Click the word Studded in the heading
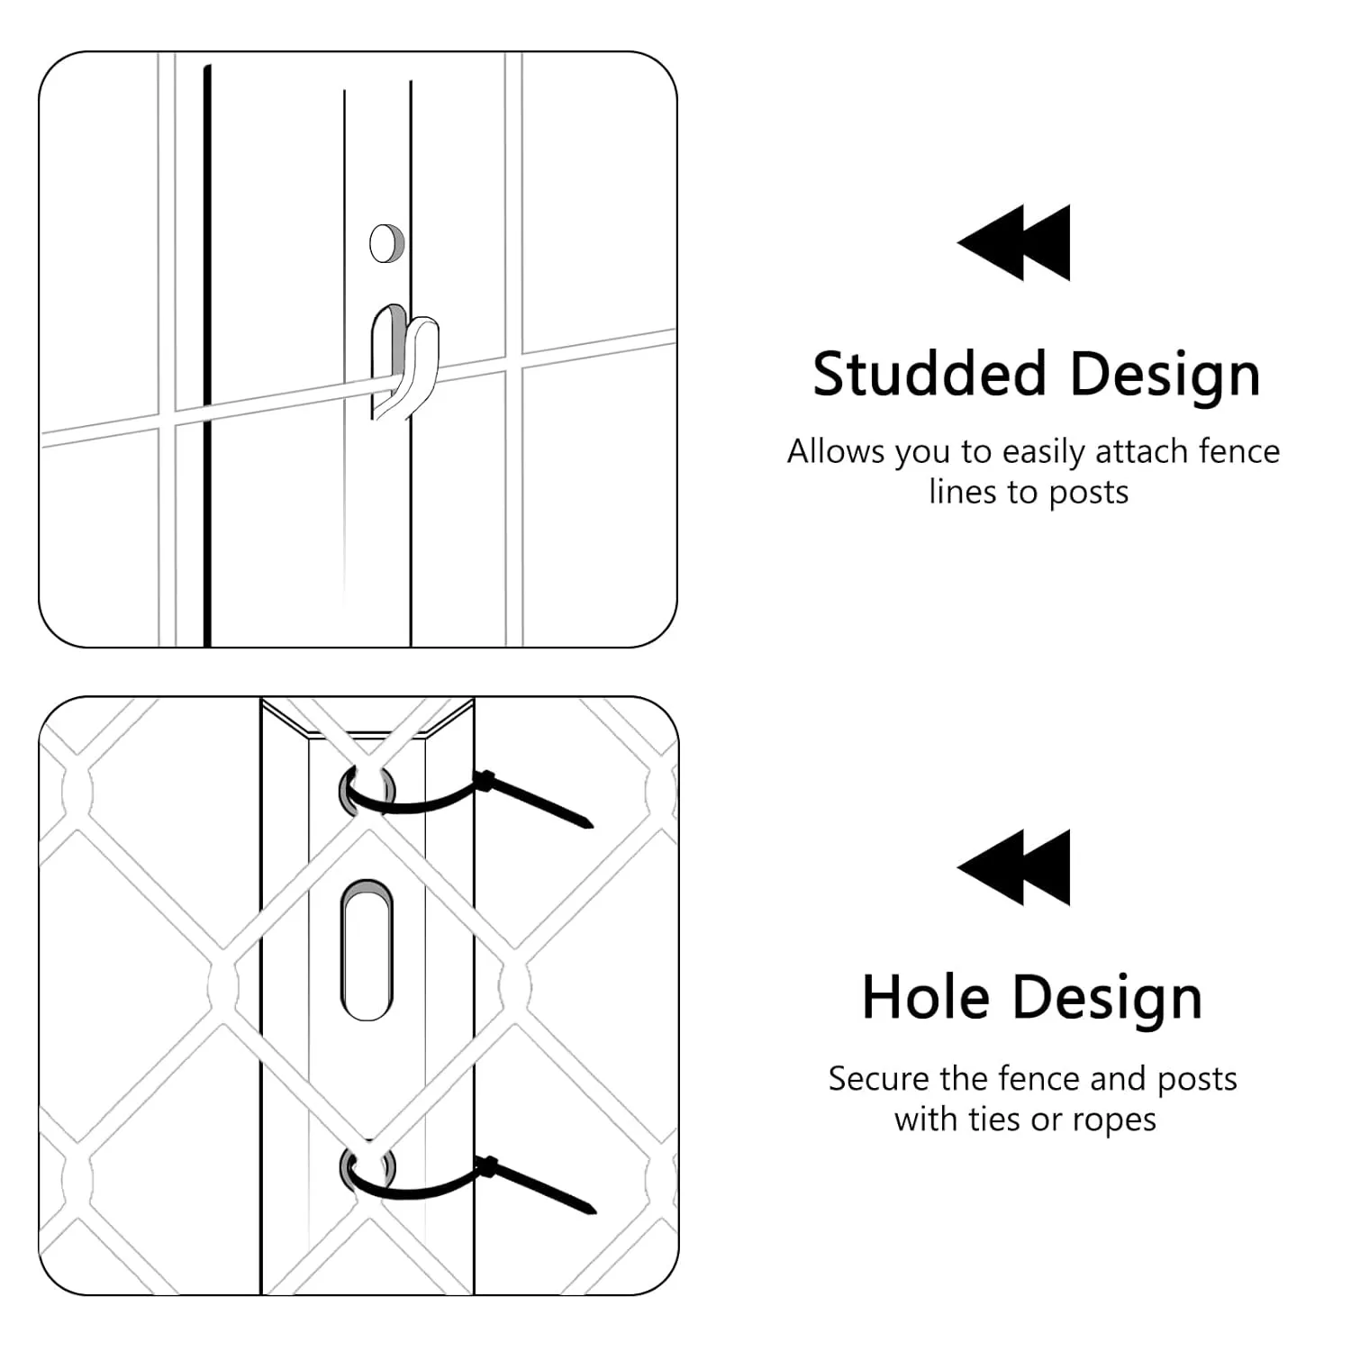point(929,374)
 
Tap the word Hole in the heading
point(925,998)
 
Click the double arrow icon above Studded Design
point(1014,242)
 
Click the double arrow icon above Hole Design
point(1014,867)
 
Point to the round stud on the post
point(386,242)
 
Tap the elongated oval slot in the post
point(367,950)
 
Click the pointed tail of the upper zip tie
point(590,822)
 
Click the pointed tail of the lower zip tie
point(593,1209)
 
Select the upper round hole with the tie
point(367,790)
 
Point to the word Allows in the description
point(836,451)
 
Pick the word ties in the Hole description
point(996,1120)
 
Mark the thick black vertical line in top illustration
point(207,356)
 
